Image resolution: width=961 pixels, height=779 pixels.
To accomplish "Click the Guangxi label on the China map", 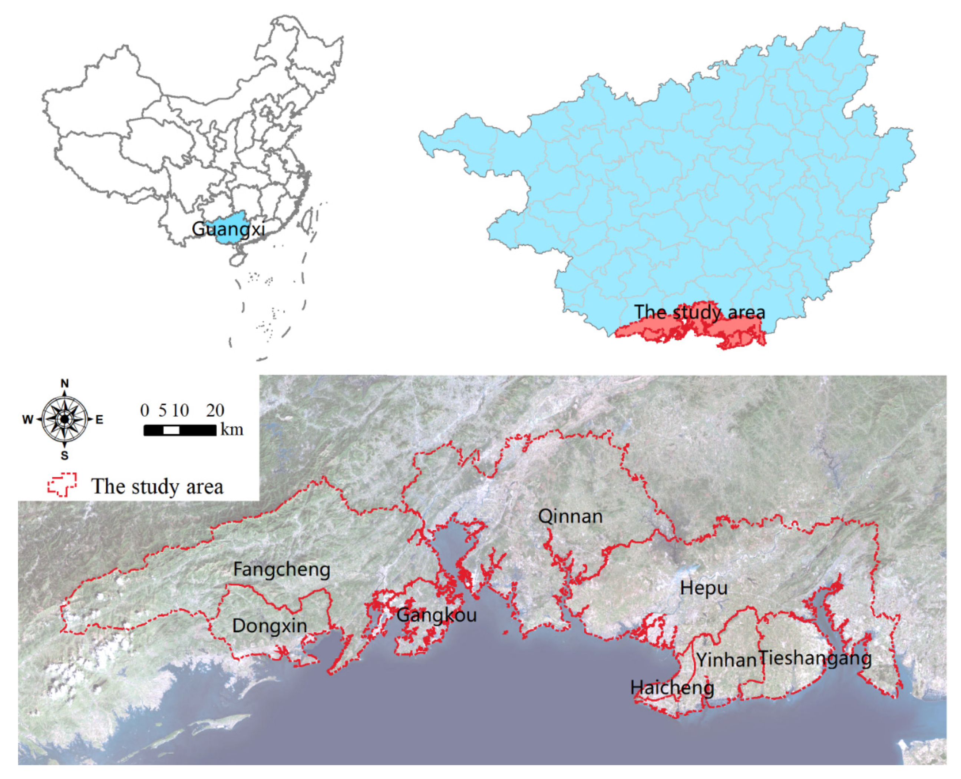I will [228, 229].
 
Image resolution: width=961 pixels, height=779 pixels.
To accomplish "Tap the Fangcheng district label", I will [281, 570].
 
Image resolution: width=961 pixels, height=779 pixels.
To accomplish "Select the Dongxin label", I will [269, 626].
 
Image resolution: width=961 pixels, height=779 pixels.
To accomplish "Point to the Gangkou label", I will [436, 615].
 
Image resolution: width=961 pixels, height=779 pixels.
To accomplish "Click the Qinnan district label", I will [570, 517].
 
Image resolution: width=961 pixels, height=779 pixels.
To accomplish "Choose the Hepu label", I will [703, 588].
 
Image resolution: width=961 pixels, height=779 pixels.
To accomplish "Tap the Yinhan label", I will [726, 660].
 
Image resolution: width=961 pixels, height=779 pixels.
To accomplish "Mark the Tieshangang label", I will [815, 658].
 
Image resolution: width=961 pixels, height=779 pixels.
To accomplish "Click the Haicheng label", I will [672, 687].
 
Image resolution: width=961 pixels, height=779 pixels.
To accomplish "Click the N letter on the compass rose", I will [65, 383].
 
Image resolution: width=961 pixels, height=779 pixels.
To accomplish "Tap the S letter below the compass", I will [65, 456].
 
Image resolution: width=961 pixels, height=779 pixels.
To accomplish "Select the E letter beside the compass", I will [100, 420].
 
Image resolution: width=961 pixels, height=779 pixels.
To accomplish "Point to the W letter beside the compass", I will [28, 420].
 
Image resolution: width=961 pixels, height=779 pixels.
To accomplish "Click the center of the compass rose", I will [65, 419].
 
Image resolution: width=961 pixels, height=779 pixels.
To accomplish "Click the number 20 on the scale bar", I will [215, 410].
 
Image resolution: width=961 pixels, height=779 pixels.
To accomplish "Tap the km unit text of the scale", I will [232, 430].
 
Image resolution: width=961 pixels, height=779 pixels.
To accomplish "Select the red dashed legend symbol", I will [62, 485].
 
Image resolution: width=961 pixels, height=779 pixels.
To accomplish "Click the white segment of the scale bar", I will [171, 430].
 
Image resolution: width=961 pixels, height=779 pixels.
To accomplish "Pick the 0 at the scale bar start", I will [145, 410].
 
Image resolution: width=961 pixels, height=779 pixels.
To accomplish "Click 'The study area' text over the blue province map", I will [699, 312].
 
